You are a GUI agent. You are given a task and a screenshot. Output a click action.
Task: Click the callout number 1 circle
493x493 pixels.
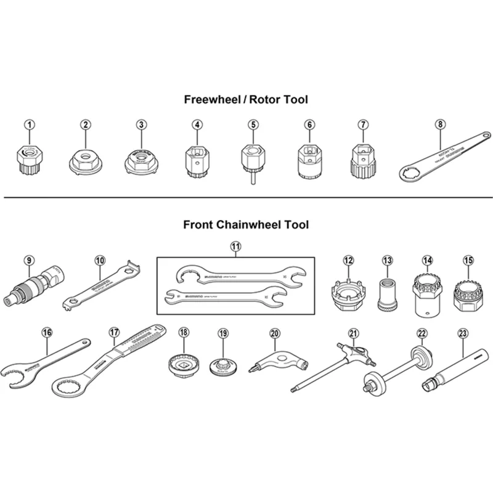coord(30,124)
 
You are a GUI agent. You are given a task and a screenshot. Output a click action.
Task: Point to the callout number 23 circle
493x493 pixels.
coord(463,333)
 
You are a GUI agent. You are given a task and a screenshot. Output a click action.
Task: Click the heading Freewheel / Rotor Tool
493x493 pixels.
coord(246,99)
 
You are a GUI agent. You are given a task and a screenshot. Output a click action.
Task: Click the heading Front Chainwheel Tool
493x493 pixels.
coord(246,225)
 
